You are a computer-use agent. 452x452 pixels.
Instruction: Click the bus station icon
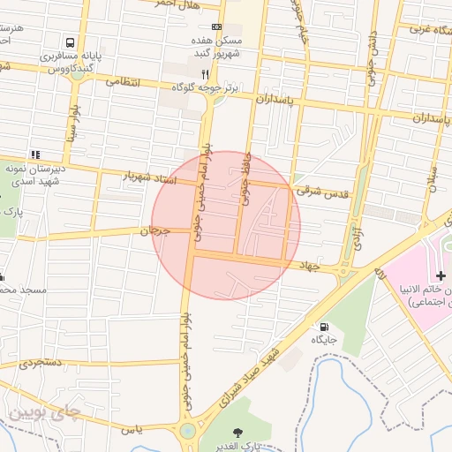(x=70, y=42)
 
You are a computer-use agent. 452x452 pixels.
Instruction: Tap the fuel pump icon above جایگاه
(x=324, y=326)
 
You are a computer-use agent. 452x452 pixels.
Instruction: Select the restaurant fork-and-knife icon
(x=205, y=75)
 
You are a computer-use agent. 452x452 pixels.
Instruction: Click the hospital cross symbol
(x=441, y=276)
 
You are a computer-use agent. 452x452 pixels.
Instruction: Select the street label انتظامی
(x=124, y=80)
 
